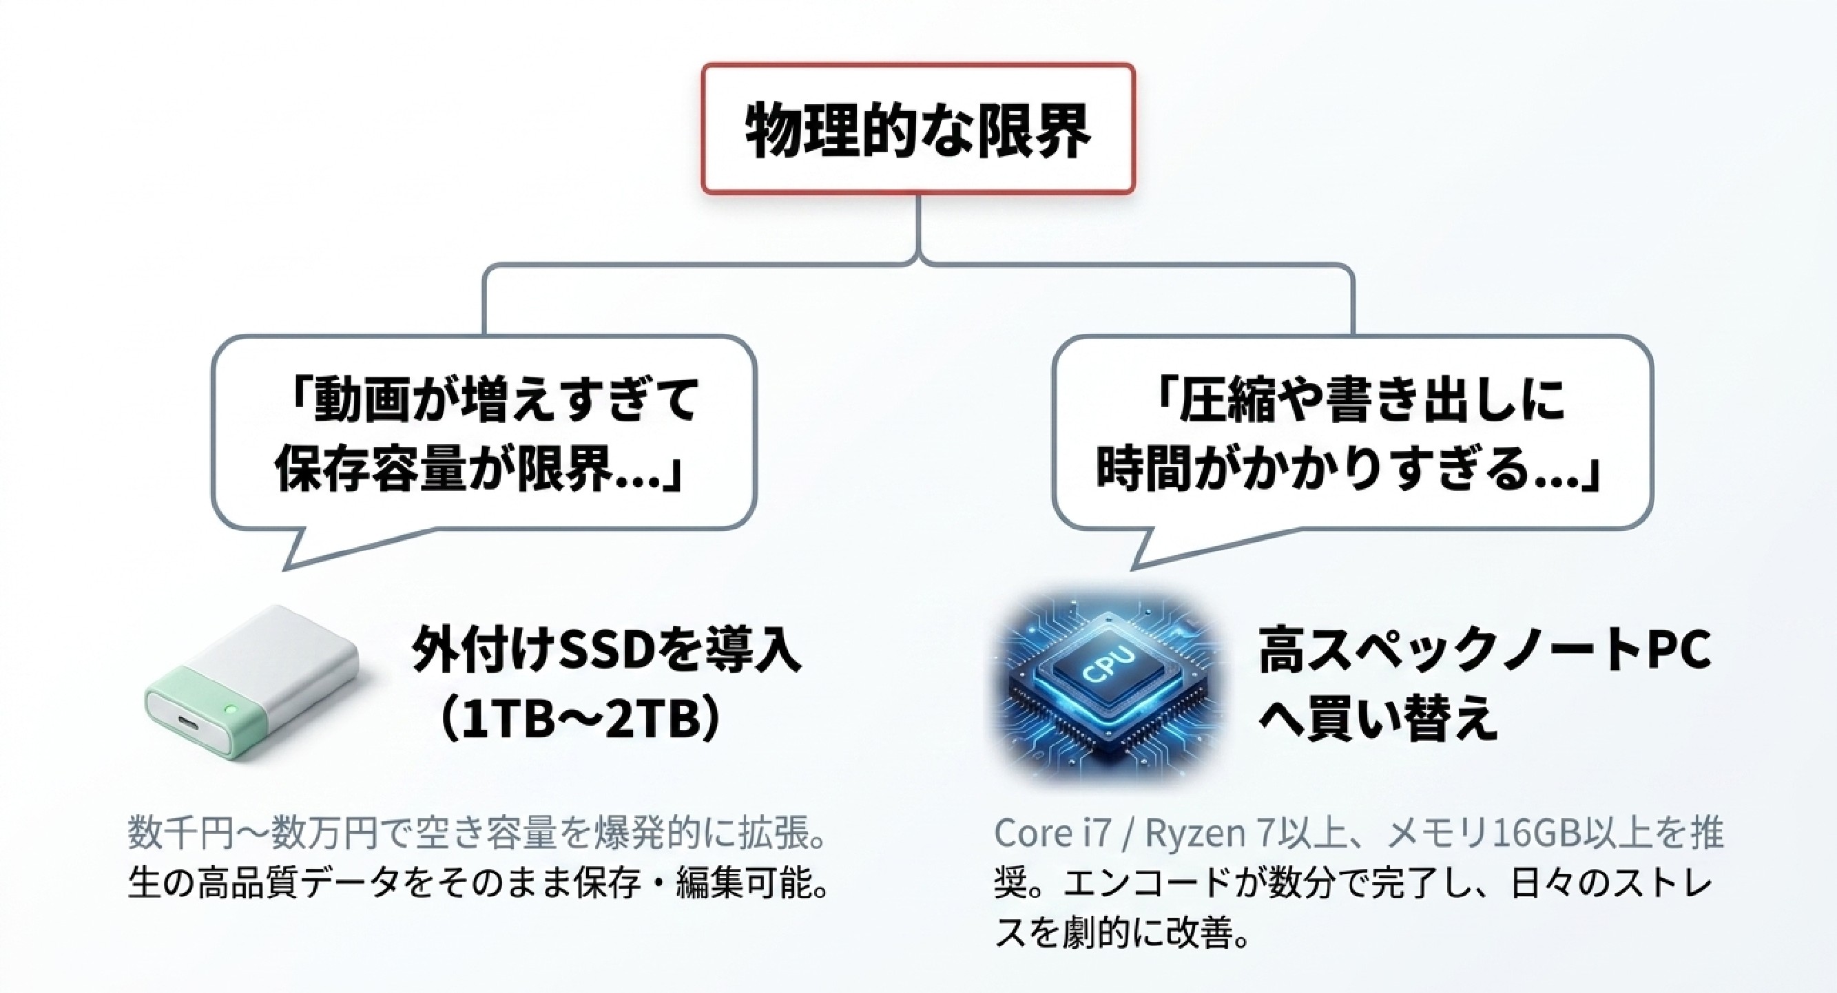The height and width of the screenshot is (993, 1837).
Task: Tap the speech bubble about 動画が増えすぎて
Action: pos(484,435)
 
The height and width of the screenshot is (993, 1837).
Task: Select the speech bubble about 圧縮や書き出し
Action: pos(1353,435)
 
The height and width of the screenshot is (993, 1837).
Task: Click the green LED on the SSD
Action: pos(230,709)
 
